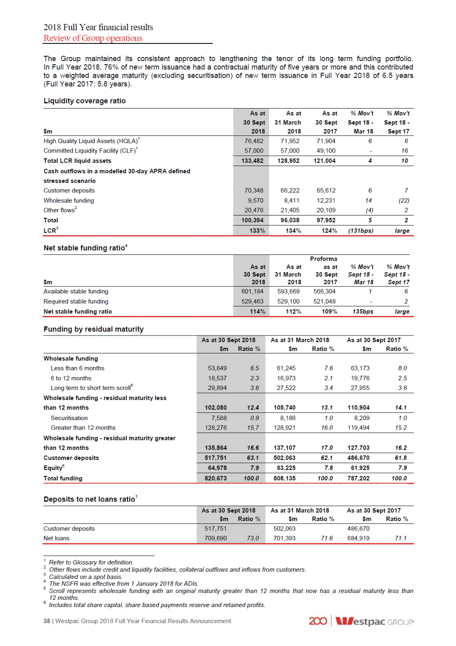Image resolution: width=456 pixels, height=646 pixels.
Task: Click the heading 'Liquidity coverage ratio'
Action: point(85,101)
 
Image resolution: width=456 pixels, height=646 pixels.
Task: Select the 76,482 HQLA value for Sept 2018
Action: point(254,141)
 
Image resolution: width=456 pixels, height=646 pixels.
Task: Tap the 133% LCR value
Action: point(257,231)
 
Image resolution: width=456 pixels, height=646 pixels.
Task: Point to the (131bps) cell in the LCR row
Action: point(361,231)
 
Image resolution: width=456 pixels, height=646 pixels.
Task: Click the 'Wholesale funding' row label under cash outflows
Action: point(69,201)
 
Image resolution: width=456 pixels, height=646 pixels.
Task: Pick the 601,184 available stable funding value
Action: point(252,292)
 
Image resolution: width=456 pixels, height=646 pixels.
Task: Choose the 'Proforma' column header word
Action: point(323,259)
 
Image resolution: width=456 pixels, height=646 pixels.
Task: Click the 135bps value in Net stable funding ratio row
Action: point(363,311)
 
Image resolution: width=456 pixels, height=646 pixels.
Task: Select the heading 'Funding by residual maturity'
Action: point(94,329)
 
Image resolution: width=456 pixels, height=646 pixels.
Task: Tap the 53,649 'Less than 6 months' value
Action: point(217,368)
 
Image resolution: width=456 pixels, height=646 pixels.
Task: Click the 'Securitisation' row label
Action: point(69,418)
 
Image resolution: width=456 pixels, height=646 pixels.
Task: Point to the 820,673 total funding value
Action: point(215,479)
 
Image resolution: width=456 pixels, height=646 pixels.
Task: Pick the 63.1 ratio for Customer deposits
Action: point(253,458)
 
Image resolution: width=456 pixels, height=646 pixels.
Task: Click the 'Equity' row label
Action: point(53,468)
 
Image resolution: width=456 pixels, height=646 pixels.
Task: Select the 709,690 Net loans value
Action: point(215,538)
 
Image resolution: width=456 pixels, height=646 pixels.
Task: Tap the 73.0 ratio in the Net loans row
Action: point(253,538)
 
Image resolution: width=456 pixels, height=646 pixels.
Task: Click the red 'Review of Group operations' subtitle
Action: point(93,38)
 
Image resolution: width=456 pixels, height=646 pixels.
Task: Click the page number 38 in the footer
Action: point(47,621)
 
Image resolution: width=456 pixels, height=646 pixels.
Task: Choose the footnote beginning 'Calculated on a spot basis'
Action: point(85,577)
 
